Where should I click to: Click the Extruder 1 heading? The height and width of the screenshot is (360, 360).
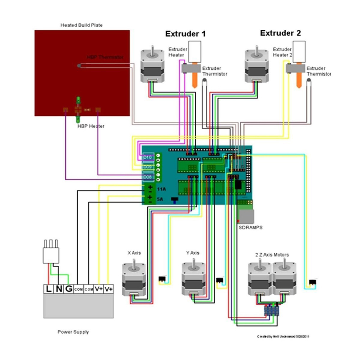[x=185, y=34]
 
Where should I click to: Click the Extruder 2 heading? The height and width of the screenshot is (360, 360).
[x=280, y=33]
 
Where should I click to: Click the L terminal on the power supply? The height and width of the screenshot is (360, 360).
[x=49, y=289]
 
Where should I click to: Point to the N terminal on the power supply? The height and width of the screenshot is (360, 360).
[x=59, y=289]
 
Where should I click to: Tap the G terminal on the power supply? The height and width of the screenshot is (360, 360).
[x=69, y=289]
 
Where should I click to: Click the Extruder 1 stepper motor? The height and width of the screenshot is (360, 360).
[x=152, y=65]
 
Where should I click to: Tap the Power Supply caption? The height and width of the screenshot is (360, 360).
[x=73, y=332]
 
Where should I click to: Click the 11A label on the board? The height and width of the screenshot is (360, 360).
[x=161, y=188]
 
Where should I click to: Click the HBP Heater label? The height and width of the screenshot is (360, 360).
[x=91, y=126]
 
